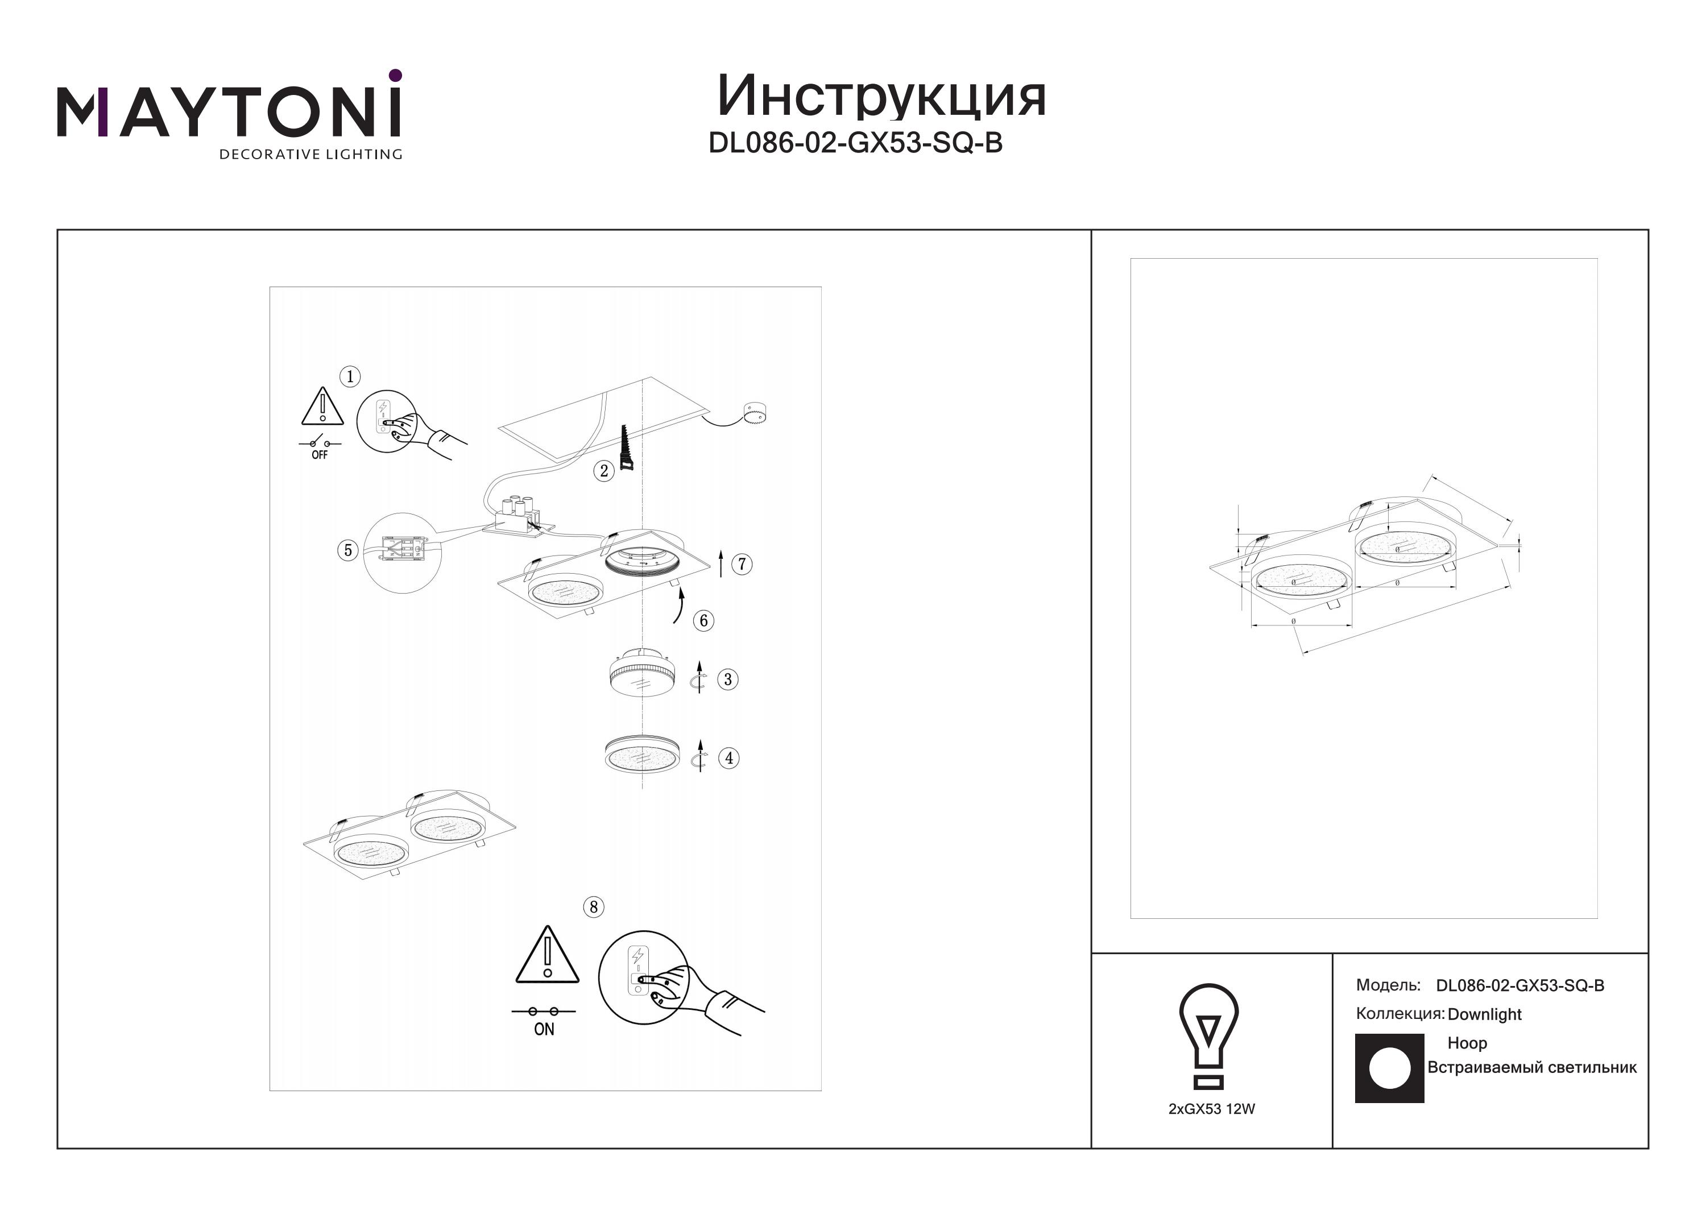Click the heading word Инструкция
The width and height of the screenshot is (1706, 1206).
(881, 97)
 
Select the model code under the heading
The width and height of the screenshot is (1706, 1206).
(855, 143)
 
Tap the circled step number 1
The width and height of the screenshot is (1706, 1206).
(350, 377)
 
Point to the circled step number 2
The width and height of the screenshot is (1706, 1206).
(604, 470)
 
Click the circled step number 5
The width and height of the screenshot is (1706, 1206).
(347, 550)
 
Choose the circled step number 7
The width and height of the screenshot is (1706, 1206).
(742, 564)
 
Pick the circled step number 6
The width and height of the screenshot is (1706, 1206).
(703, 620)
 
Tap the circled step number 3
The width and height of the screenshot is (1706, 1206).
(727, 679)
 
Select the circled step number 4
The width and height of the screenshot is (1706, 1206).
(729, 758)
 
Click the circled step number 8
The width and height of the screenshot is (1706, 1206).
(593, 906)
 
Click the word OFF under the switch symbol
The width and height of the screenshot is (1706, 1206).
(320, 455)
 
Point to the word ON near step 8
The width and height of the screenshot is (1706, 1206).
(544, 1029)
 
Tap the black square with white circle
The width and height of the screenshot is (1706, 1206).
(1389, 1068)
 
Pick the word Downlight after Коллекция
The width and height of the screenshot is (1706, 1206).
(1485, 1014)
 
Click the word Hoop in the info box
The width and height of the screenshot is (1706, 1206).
(1467, 1043)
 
